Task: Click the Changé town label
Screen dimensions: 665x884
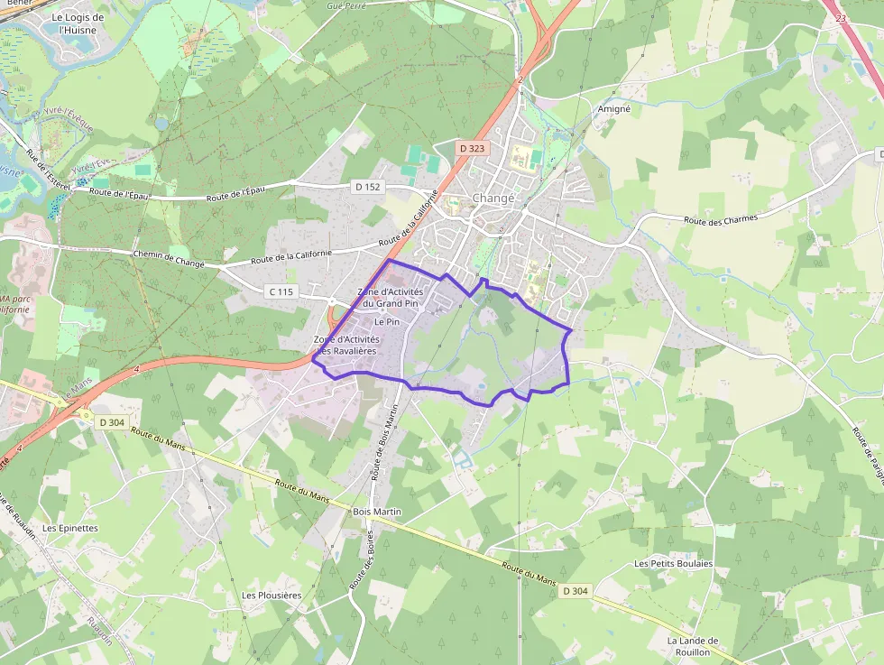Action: [493, 199]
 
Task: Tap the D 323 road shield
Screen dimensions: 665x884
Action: [472, 147]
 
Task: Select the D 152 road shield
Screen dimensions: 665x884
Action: [368, 187]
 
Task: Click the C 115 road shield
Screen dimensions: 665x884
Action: [281, 291]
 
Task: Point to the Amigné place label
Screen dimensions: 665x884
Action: [614, 108]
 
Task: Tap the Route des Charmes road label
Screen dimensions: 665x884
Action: [721, 219]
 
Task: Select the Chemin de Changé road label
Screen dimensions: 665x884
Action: [169, 259]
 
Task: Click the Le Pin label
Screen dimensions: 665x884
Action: [386, 321]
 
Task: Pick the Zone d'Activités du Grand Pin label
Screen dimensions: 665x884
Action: [390, 298]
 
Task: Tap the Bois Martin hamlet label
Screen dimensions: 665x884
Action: [377, 512]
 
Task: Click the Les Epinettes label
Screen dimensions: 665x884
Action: [70, 528]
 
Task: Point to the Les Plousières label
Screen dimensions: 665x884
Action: [272, 596]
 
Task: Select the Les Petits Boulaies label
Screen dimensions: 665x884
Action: [673, 563]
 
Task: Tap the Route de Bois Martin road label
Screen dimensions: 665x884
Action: [384, 441]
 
